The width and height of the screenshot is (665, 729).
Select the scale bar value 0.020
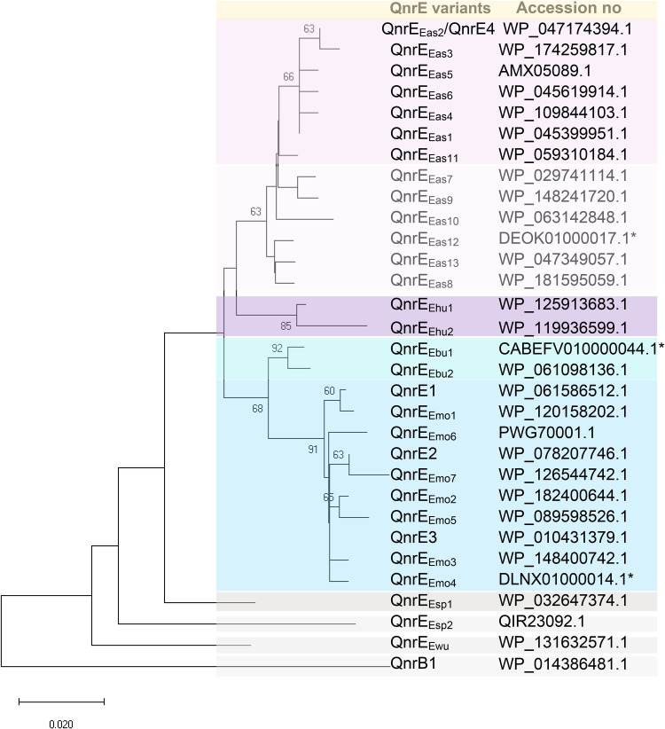point(60,723)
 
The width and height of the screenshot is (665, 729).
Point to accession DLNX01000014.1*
point(564,579)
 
